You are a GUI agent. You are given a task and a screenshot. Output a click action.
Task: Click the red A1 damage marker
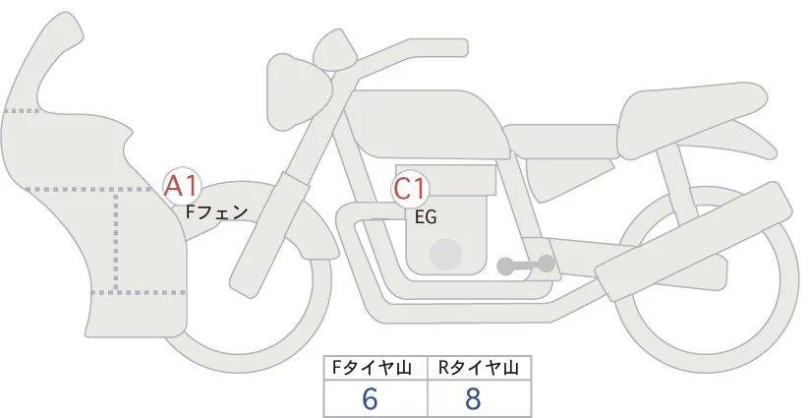183,184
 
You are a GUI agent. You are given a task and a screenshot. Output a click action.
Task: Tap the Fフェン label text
216,210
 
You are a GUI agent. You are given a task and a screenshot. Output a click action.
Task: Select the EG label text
426,217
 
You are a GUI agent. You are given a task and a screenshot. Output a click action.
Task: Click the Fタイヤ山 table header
375,368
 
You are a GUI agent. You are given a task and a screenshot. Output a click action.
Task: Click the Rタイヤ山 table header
479,368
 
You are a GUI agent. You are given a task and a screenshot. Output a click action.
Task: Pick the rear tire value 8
474,398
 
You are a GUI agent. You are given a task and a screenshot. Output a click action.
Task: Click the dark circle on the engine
447,253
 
